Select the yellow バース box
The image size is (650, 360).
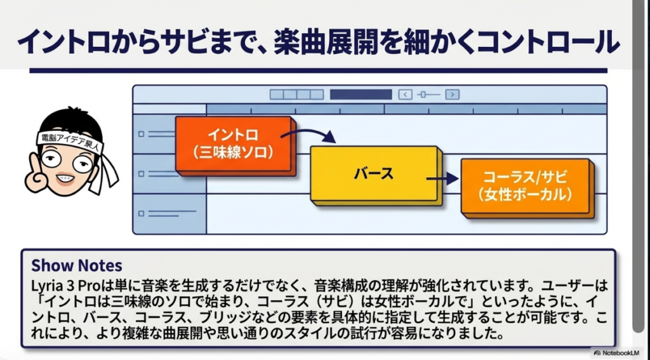[374, 173]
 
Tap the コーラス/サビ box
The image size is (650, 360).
[526, 186]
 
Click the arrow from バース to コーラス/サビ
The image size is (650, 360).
[444, 179]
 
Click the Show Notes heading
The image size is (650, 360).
[77, 265]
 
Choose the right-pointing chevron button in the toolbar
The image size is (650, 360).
[452, 95]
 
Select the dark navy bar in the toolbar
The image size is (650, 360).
[360, 95]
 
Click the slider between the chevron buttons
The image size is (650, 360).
[428, 95]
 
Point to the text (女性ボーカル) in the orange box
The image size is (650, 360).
[526, 195]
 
